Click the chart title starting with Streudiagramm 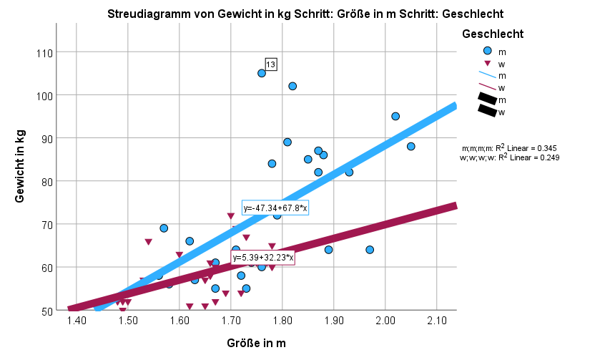coord(305,14)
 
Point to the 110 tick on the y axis coord(45,52)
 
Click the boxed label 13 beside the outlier coord(271,64)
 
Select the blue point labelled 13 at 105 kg coord(262,73)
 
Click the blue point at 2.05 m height coord(411,146)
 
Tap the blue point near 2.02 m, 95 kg coord(395,116)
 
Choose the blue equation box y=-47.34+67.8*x coord(275,208)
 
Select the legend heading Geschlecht coord(493,34)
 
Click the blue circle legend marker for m coord(488,51)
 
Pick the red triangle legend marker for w coord(488,63)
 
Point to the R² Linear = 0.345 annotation coord(508,147)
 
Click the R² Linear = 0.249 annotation coord(508,157)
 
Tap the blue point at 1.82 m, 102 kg coord(292,86)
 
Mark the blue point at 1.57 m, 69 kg coord(164,228)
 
